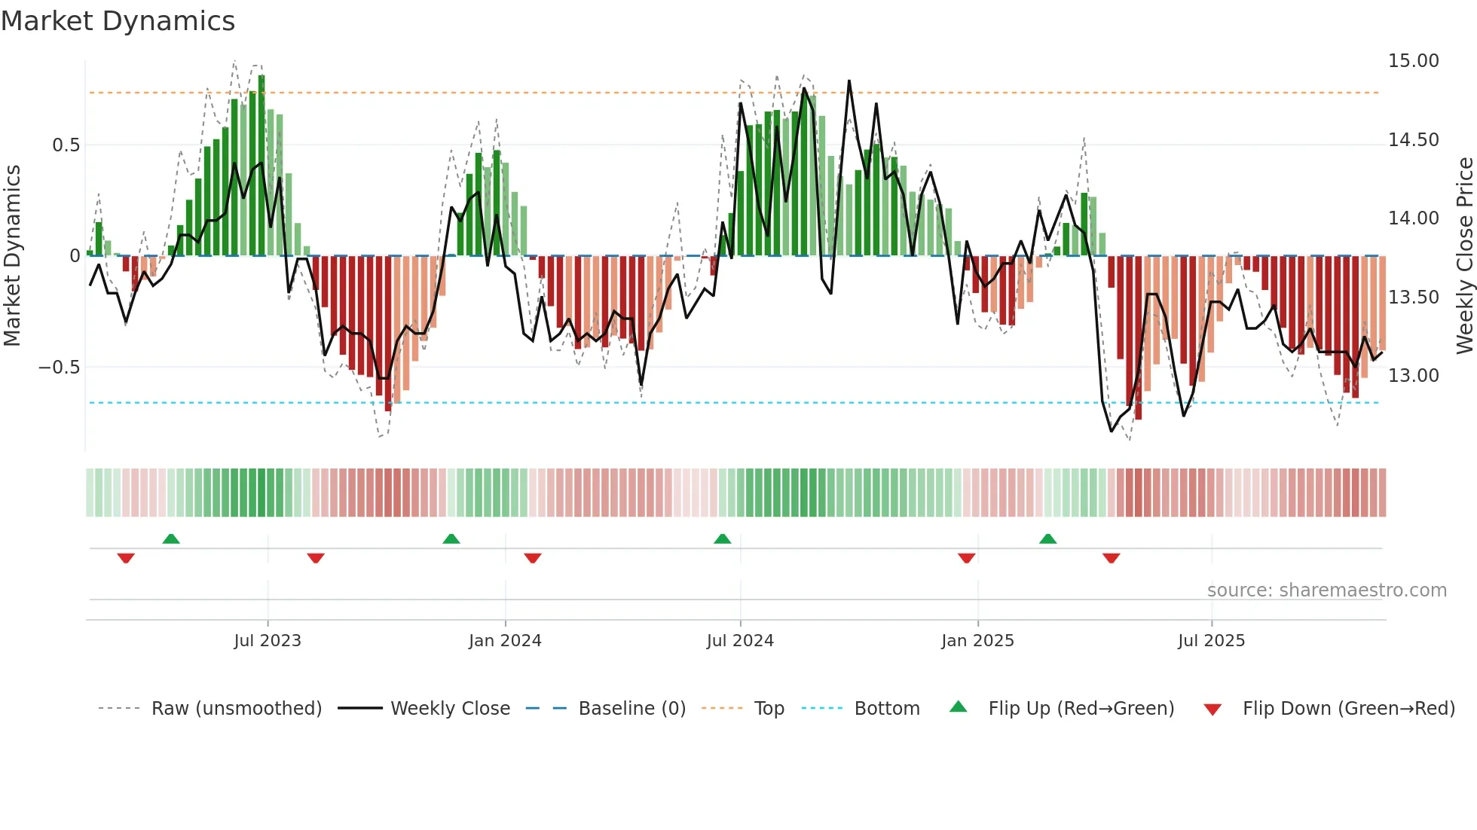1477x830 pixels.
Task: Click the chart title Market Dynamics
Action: (x=118, y=21)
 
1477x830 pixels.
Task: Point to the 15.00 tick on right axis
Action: (x=1413, y=61)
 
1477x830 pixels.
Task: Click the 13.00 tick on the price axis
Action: (x=1413, y=376)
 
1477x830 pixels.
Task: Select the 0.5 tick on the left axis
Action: (x=66, y=145)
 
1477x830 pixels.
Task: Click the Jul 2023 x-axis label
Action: (x=267, y=641)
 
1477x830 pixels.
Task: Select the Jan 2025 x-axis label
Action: (x=977, y=641)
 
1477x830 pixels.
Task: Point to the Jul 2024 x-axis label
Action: (x=739, y=641)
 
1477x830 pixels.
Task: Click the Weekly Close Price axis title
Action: (x=1464, y=255)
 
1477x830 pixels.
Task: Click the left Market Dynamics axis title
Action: (x=12, y=255)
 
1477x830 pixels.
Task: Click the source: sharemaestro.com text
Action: (x=1326, y=590)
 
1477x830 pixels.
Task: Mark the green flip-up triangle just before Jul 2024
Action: (x=722, y=539)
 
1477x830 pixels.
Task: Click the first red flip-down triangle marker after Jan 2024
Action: (x=532, y=558)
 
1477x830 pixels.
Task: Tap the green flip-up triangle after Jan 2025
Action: (x=1047, y=539)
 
